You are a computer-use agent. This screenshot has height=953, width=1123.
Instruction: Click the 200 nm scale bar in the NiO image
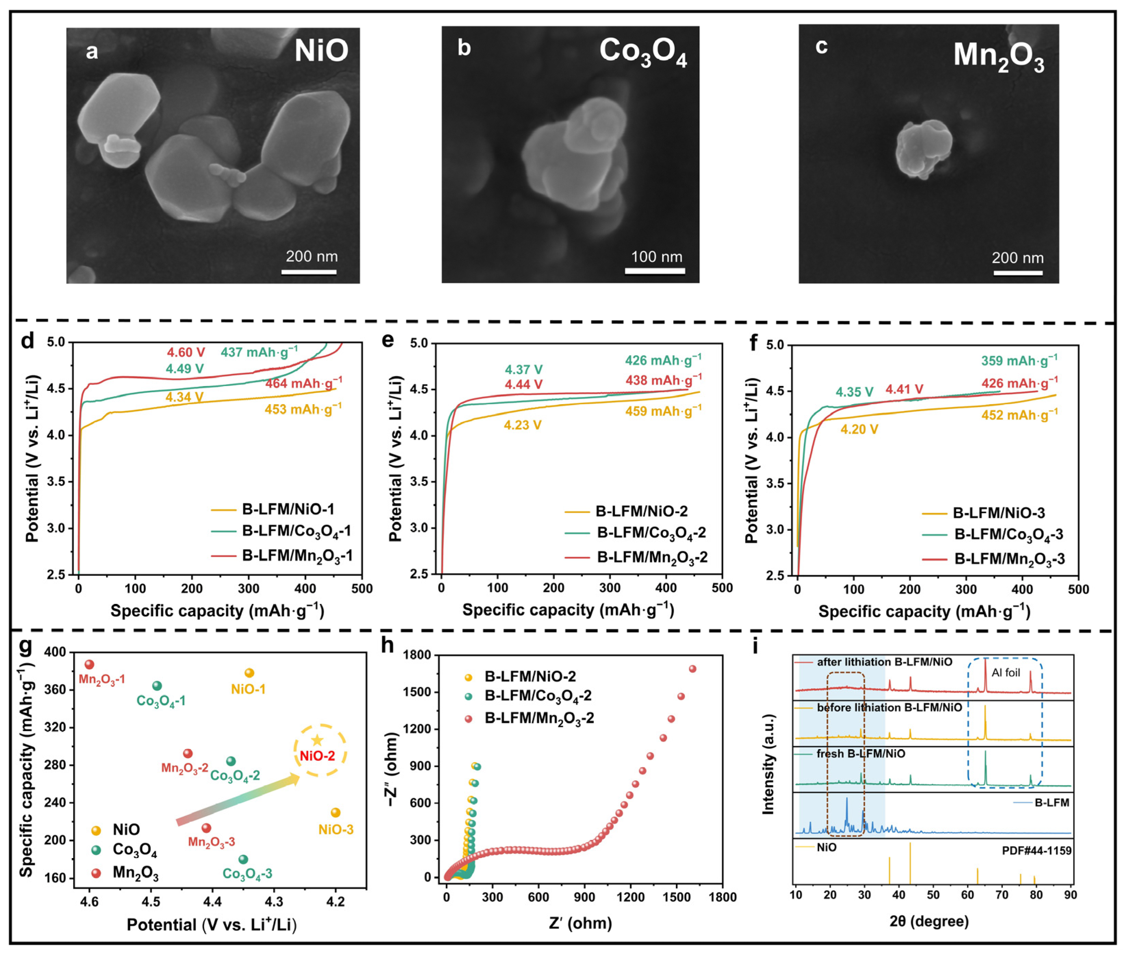pos(309,272)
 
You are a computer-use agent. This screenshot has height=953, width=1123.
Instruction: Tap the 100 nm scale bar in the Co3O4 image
pos(654,271)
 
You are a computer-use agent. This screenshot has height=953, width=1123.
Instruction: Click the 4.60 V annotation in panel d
pos(186,352)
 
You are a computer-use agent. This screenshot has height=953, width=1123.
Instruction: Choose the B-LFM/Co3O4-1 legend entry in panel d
pos(296,531)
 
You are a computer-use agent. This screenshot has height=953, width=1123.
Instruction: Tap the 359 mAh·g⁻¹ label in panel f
pos(1019,360)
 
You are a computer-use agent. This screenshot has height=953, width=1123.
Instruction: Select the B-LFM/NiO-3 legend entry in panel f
pos(998,513)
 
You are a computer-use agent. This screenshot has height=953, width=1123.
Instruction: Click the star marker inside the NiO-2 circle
pos(317,741)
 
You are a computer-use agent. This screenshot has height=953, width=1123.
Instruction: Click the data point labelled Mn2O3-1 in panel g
pos(90,665)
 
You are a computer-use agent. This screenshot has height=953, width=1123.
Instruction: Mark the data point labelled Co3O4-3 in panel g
pos(243,859)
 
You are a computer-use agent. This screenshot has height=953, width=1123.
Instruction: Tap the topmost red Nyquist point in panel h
pos(693,669)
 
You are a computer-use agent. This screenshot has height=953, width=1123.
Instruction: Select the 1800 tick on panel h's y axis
pos(420,655)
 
